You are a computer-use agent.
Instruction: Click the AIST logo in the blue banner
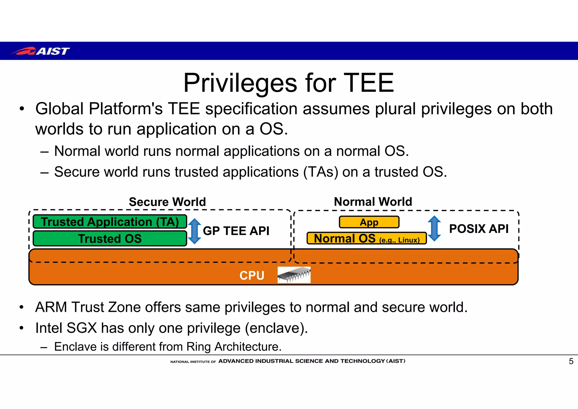[x=40, y=51]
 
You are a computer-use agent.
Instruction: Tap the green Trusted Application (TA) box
[x=110, y=222]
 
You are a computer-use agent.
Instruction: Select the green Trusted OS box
[x=110, y=239]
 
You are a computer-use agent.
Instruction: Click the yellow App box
[x=369, y=222]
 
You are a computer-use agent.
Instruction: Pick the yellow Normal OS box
[x=366, y=238]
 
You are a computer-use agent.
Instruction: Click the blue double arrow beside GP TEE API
[x=194, y=231]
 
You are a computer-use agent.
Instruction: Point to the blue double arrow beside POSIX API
[x=434, y=229]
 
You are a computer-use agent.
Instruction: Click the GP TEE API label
[x=236, y=231]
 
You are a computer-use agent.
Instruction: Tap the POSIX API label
[x=479, y=229]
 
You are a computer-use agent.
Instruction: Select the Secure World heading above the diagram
[x=167, y=202]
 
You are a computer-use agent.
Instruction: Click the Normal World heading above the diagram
[x=373, y=202]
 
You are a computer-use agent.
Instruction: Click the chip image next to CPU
[x=294, y=275]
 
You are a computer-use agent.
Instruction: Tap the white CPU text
[x=252, y=275]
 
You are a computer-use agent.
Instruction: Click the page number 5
[x=571, y=361]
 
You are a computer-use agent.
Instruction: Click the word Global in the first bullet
[x=60, y=109]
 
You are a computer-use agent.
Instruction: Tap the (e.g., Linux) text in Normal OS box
[x=399, y=240]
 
